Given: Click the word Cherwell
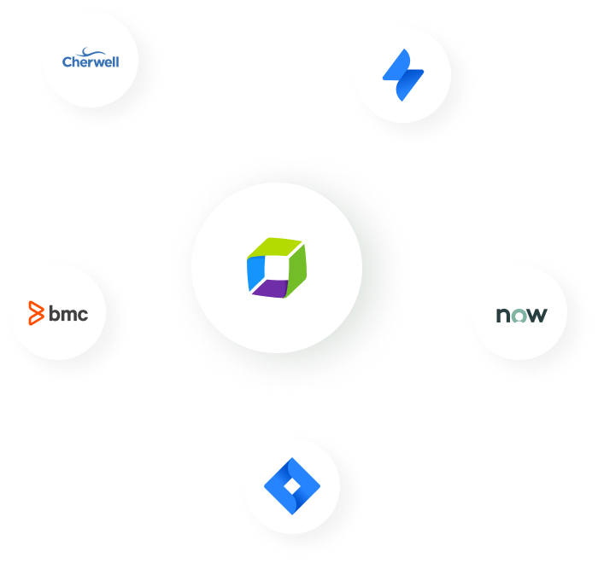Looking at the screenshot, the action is click(91, 61).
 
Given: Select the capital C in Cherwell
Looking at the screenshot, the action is click(67, 61).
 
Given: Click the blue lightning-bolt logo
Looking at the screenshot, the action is click(403, 75).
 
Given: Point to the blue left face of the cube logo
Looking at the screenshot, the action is click(256, 272).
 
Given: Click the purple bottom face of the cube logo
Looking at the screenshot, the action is click(273, 289).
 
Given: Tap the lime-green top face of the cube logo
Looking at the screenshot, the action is click(274, 249).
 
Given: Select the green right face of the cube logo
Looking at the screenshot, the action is click(295, 266).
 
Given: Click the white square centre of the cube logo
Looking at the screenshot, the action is click(275, 268).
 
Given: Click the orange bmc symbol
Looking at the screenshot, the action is click(35, 314).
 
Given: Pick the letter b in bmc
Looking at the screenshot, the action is click(54, 314).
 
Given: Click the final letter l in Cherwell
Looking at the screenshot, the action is click(117, 61).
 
